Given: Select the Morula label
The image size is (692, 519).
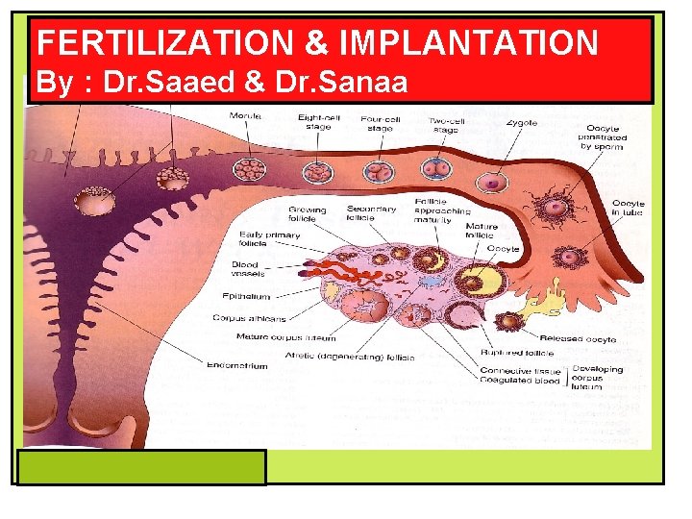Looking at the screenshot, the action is pos(245,116).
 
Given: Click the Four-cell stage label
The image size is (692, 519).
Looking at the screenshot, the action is pos(380,123).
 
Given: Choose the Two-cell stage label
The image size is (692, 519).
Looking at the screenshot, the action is pos(445,123).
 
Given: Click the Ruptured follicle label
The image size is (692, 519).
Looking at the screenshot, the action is pos(509,352).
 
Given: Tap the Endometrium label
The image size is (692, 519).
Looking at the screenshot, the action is pos(236,365).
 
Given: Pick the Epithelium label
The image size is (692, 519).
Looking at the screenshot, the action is pos(245,296).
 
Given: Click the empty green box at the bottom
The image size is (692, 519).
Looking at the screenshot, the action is pos(142,467).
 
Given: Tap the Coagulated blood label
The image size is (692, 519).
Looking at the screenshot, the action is pos(519,380).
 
